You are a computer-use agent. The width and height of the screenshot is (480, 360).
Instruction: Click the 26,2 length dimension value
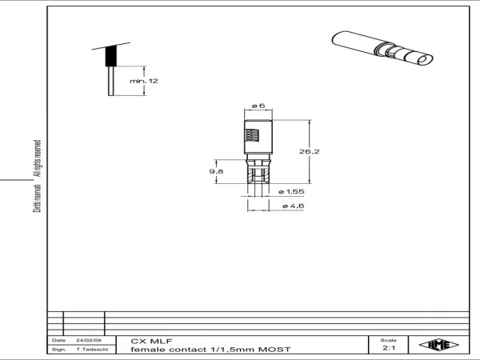pyautogui.click(x=309, y=151)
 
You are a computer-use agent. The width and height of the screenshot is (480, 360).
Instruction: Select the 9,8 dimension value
pyautogui.click(x=217, y=171)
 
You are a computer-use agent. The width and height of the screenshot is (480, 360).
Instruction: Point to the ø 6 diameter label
pyautogui.click(x=258, y=106)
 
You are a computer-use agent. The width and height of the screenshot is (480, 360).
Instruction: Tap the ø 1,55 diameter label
pyautogui.click(x=291, y=192)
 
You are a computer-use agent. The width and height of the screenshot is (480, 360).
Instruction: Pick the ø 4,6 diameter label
pyautogui.click(x=293, y=206)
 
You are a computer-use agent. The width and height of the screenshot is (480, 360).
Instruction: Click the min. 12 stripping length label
pyautogui.click(x=144, y=81)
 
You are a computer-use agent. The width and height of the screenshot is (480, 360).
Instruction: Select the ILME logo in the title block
pyautogui.click(x=438, y=345)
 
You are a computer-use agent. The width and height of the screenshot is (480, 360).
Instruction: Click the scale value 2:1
pyautogui.click(x=389, y=348)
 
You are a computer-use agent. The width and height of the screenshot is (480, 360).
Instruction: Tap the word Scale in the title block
pyautogui.click(x=389, y=340)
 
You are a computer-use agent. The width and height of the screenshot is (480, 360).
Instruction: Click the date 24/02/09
pyautogui.click(x=89, y=340)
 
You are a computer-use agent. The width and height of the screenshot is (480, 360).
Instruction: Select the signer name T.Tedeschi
pyautogui.click(x=92, y=350)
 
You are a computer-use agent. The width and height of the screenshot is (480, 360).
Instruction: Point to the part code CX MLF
pyautogui.click(x=151, y=341)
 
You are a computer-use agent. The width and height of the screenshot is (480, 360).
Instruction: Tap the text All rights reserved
pyautogui.click(x=37, y=158)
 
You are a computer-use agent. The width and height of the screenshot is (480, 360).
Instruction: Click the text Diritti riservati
pyautogui.click(x=37, y=198)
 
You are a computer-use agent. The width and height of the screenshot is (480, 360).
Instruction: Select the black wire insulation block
pyautogui.click(x=111, y=56)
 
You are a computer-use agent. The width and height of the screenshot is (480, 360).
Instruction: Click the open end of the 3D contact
pyautogui.click(x=426, y=60)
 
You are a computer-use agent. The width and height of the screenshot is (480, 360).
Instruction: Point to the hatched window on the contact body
pyautogui.click(x=252, y=135)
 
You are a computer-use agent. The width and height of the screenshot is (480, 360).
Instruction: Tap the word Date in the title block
pyautogui.click(x=58, y=340)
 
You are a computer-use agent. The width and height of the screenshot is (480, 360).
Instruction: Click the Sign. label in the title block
pyautogui.click(x=58, y=350)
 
